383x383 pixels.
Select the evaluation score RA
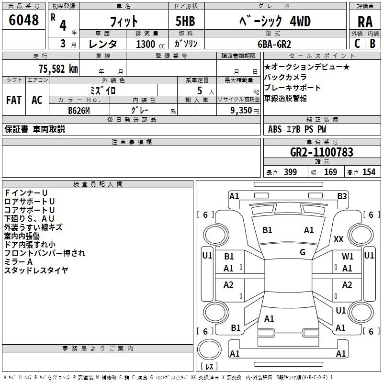coord(365,22)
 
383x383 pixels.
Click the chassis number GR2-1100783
coord(322,152)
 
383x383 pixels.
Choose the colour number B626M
coord(79,110)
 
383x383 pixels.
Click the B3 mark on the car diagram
coord(342,196)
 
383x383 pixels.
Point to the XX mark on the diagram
coord(338,239)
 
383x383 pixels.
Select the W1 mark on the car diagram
coord(348,257)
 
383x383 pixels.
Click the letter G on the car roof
coord(303,252)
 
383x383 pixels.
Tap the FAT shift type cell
coord(13,100)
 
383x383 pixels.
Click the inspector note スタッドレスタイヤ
coord(36,270)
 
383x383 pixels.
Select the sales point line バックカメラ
coord(285,77)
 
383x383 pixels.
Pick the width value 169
coord(330,172)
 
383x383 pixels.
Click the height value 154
coord(369,172)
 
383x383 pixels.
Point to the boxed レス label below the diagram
coord(209,367)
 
